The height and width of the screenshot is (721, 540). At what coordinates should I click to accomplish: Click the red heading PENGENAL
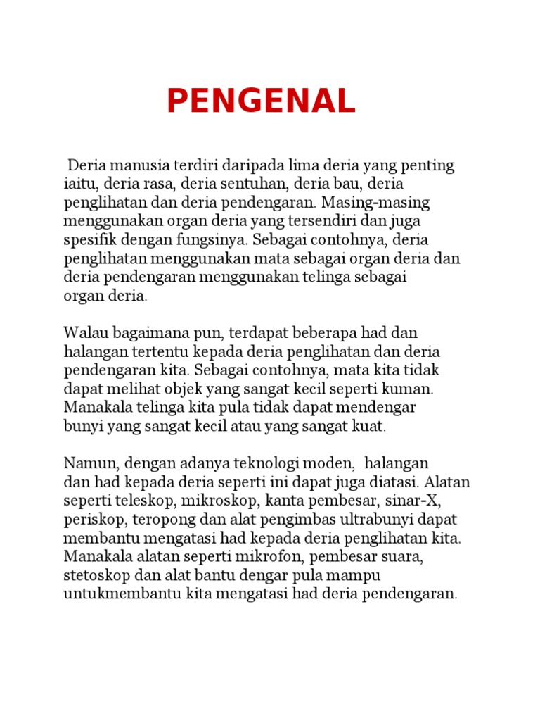click(261, 102)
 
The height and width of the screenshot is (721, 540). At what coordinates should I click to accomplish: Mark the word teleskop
click(143, 501)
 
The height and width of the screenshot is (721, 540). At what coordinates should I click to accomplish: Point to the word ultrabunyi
click(377, 520)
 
